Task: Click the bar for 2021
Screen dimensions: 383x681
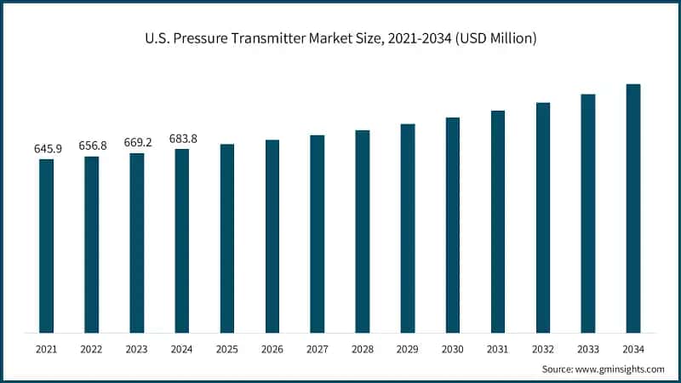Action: tap(46, 246)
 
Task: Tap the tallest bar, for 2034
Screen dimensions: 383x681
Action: tap(633, 209)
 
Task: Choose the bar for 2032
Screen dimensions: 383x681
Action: tap(543, 217)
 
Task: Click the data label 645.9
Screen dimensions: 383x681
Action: tap(48, 148)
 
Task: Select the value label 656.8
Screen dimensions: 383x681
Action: tap(92, 145)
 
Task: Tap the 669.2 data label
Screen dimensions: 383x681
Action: tap(137, 142)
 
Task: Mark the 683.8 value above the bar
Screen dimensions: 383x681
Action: tap(182, 138)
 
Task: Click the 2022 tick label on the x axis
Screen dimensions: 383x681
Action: tap(91, 349)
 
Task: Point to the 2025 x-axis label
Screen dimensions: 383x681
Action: tap(227, 349)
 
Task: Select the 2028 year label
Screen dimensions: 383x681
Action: tap(363, 349)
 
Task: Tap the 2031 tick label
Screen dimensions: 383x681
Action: tap(498, 349)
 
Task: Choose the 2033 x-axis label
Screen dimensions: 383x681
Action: tap(588, 349)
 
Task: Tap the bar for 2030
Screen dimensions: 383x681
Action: tap(453, 225)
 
